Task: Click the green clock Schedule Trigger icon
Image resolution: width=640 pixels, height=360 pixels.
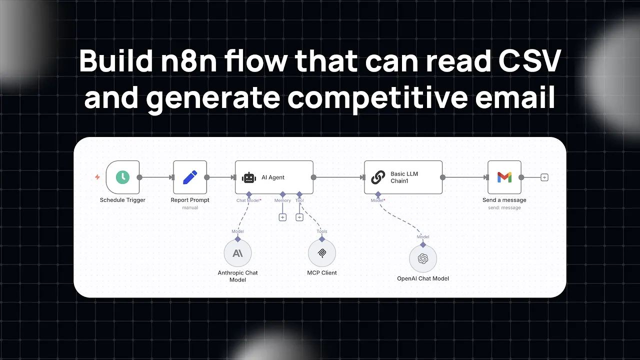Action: [122, 177]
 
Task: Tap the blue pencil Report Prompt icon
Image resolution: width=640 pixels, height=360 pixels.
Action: [190, 177]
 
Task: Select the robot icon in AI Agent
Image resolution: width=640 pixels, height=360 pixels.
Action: [249, 177]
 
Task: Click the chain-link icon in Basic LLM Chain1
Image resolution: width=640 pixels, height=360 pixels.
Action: [378, 177]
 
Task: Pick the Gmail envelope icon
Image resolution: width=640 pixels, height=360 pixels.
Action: [504, 177]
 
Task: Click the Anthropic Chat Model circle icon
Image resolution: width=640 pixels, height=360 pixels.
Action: [237, 253]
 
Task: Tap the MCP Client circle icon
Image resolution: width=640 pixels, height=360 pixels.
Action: [322, 253]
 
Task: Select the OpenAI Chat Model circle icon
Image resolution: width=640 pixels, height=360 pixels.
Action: [423, 258]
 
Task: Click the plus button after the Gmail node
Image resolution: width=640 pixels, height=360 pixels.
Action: [544, 177]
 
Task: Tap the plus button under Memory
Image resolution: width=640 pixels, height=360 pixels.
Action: [282, 217]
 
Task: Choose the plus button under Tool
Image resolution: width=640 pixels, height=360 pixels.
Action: [299, 217]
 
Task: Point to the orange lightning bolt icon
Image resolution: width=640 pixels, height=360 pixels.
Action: [97, 177]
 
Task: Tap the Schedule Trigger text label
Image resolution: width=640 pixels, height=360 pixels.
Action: [122, 200]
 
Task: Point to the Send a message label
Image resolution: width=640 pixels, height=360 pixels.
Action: [504, 200]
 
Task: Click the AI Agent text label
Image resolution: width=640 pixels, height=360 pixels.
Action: [273, 177]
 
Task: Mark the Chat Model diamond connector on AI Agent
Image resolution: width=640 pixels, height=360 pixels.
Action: [249, 194]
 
